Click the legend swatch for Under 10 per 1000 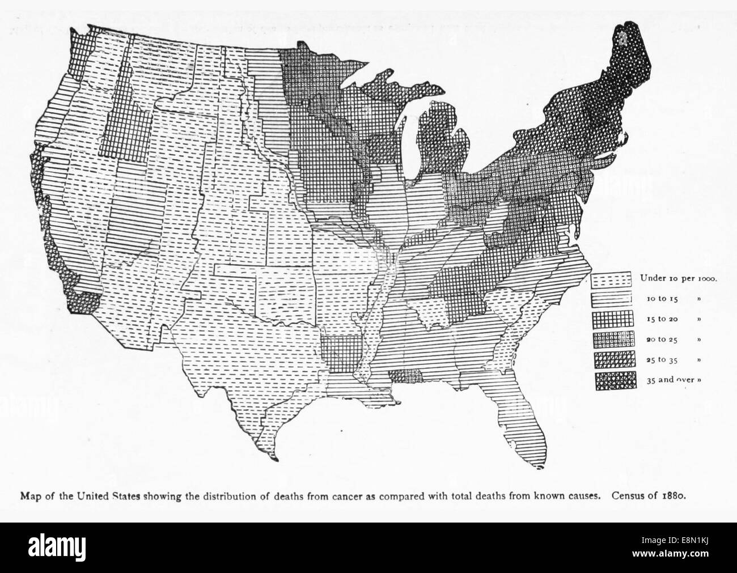click(611, 278)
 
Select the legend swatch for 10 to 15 click(611, 298)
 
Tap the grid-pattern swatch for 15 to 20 click(611, 319)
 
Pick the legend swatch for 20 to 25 click(611, 339)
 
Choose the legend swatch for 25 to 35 click(611, 360)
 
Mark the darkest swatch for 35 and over click(611, 380)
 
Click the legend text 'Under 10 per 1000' click(679, 278)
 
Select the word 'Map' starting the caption click(29, 494)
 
